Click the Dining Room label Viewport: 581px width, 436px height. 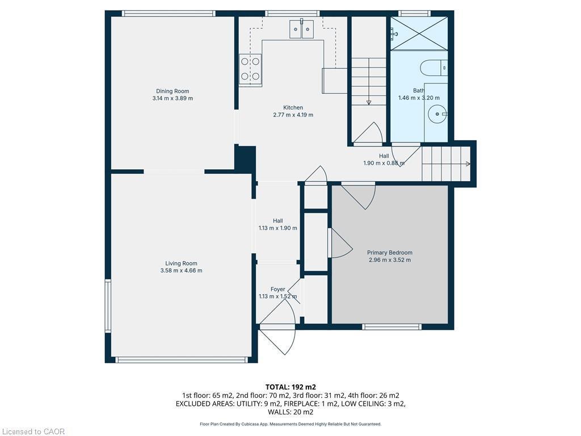pos(172,91)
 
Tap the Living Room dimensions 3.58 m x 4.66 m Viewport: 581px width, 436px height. pos(181,271)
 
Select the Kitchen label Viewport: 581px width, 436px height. pos(293,107)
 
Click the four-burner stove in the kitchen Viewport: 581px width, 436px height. pos(250,68)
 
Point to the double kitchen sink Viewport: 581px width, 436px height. pos(302,28)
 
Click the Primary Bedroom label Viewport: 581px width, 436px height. pos(389,253)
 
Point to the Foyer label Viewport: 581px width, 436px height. pos(277,289)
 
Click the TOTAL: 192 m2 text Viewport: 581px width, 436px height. pos(290,387)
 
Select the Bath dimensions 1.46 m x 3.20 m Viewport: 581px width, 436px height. pos(419,98)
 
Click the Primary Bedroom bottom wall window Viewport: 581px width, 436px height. pos(391,326)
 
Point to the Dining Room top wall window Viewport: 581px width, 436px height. pos(169,14)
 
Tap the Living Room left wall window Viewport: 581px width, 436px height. pos(108,305)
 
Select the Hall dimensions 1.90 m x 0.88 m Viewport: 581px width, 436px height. pos(384,163)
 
